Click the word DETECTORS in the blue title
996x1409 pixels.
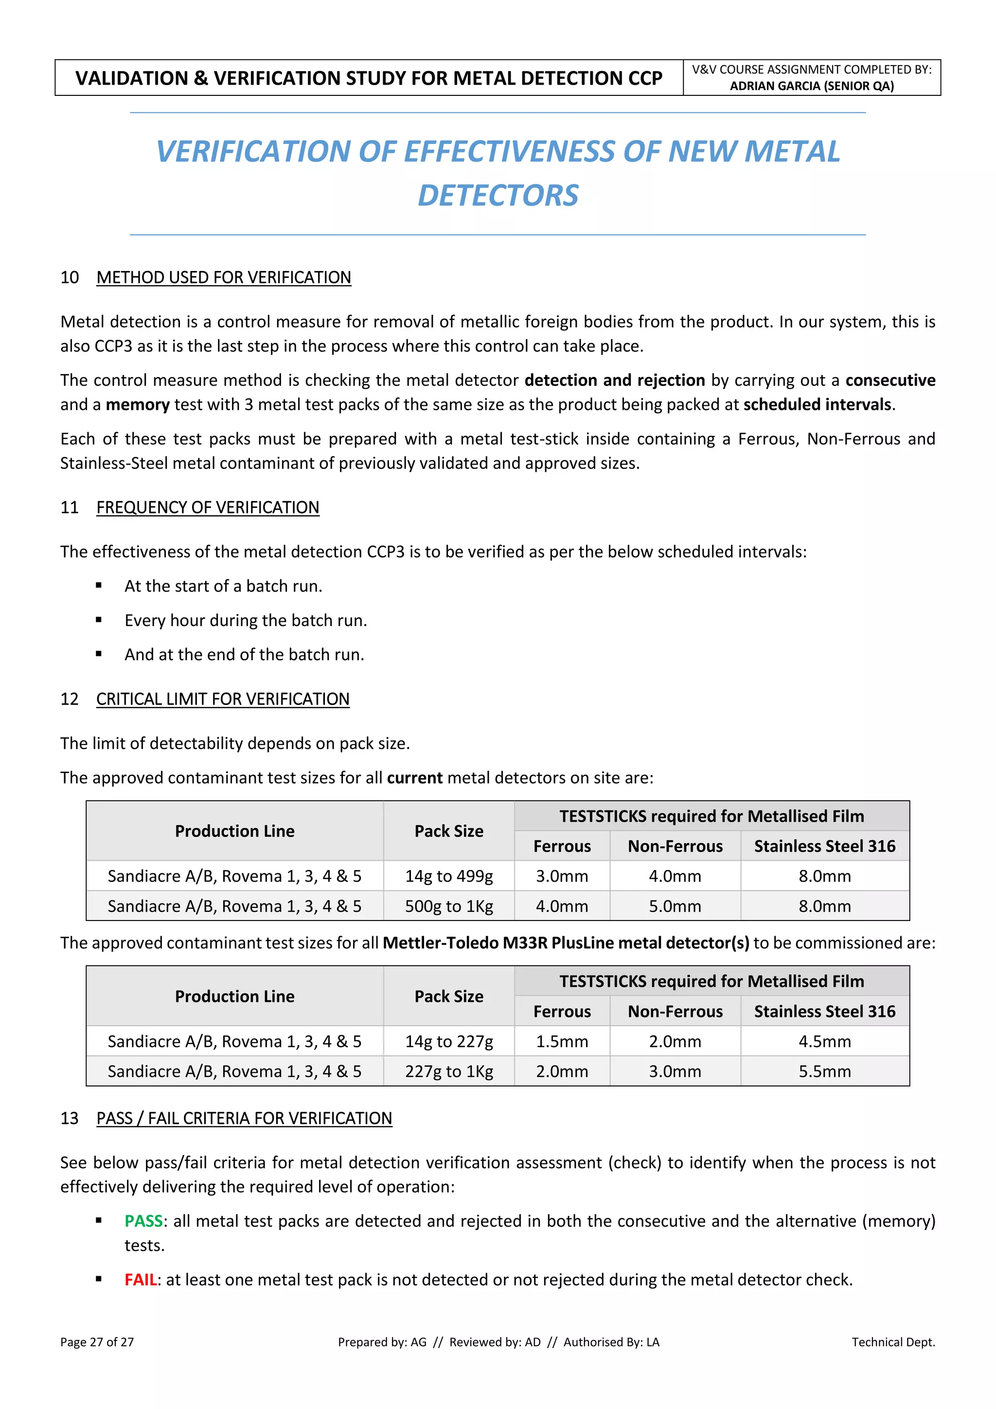[x=498, y=195]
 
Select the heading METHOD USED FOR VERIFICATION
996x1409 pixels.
[x=223, y=277]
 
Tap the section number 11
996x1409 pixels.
[x=70, y=507]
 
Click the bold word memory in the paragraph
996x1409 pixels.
[x=137, y=404]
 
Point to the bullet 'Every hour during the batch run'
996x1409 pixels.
[x=245, y=620]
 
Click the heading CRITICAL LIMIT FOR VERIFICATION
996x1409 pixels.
[x=223, y=699]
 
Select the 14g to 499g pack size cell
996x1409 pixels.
[x=448, y=876]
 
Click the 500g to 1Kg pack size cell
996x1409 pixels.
[x=448, y=906]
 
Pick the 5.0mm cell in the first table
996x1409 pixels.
[x=675, y=906]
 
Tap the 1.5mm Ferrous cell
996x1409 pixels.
[x=562, y=1041]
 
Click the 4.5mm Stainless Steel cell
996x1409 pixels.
[x=824, y=1041]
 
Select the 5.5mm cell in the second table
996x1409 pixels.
[x=824, y=1071]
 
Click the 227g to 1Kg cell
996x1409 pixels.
[x=448, y=1071]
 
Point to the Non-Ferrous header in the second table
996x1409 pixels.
[x=675, y=1012]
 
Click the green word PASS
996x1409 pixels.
[x=143, y=1221]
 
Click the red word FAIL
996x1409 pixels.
[x=141, y=1280]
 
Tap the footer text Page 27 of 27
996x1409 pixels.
[x=97, y=1342]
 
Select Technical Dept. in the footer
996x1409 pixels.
[x=893, y=1342]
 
